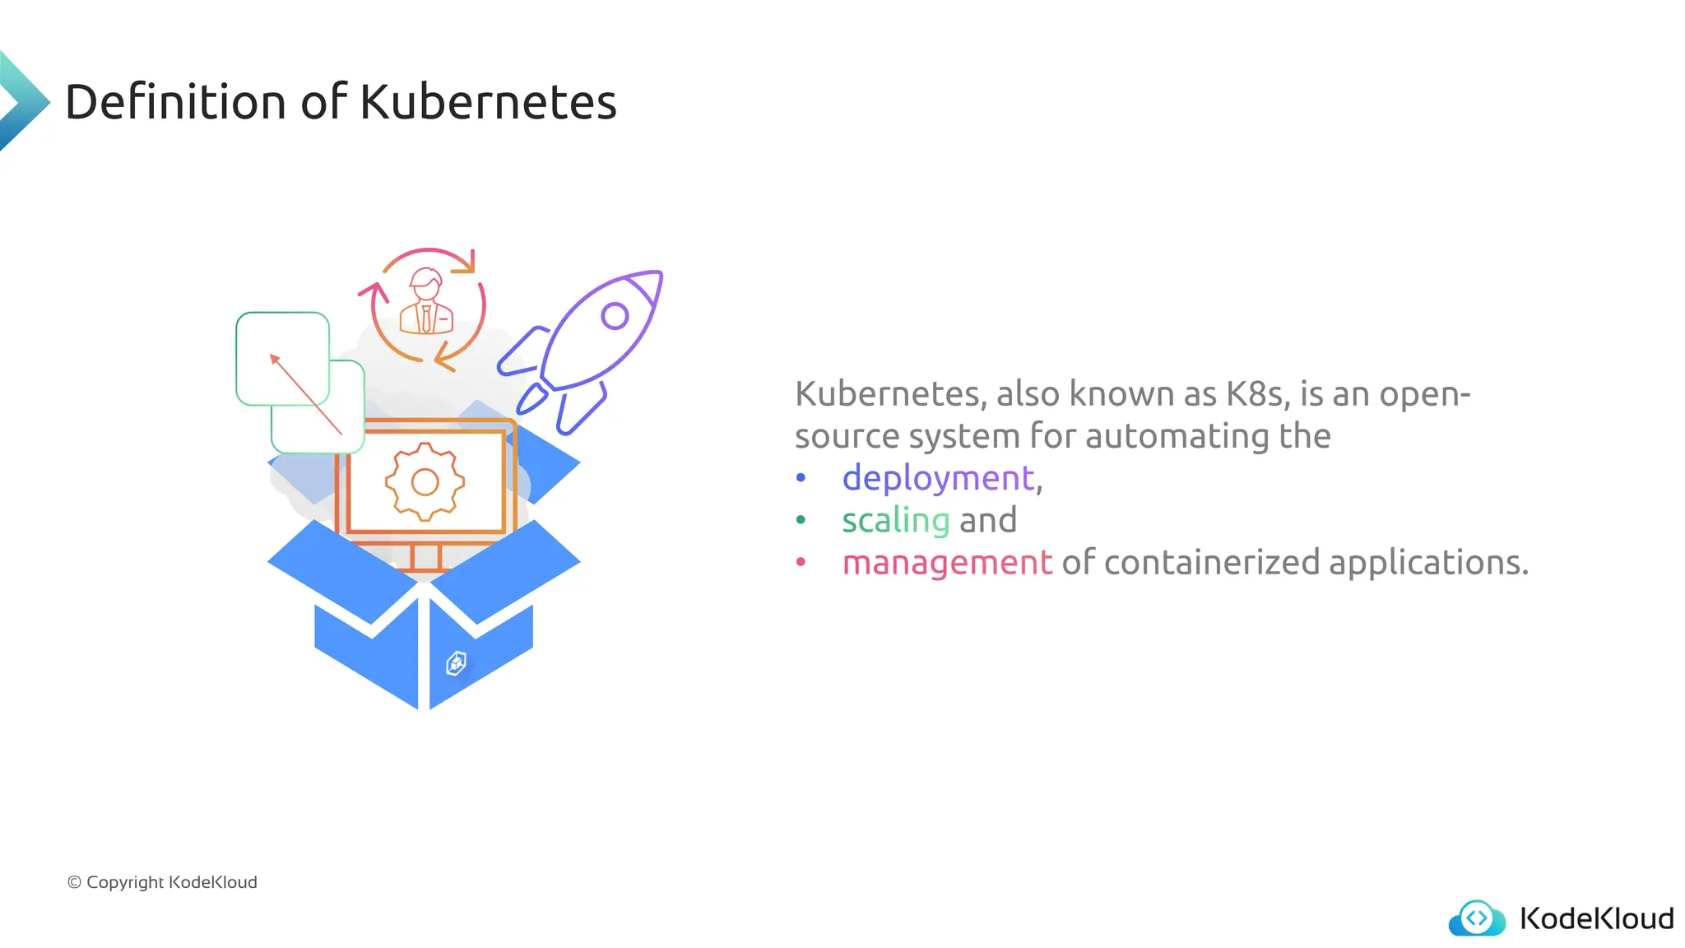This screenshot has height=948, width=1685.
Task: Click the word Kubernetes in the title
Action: pyautogui.click(x=488, y=102)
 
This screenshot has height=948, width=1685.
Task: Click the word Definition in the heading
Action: pyautogui.click(x=175, y=102)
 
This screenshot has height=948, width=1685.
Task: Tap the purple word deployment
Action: pyautogui.click(x=938, y=478)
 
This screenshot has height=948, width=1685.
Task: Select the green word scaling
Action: pyautogui.click(x=895, y=520)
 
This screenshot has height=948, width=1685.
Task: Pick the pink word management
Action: pyautogui.click(x=947, y=563)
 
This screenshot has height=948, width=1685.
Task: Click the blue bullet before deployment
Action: pyautogui.click(x=801, y=478)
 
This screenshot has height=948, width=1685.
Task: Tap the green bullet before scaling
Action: pyautogui.click(x=801, y=520)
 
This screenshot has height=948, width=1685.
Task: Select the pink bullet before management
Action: pyautogui.click(x=801, y=563)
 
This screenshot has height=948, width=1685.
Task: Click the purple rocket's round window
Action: pyautogui.click(x=615, y=315)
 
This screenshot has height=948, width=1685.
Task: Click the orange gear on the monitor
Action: pyautogui.click(x=425, y=481)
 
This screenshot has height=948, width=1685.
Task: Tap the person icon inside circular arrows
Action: pyautogui.click(x=426, y=303)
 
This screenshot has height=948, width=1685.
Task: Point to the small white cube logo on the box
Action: pyautogui.click(x=456, y=662)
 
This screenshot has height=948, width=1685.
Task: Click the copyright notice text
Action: pyautogui.click(x=162, y=882)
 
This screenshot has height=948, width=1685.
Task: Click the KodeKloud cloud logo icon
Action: pyautogui.click(x=1477, y=918)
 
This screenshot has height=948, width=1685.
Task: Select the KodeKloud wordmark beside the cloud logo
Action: pyautogui.click(x=1596, y=918)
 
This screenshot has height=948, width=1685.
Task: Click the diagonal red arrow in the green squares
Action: pyautogui.click(x=305, y=393)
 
